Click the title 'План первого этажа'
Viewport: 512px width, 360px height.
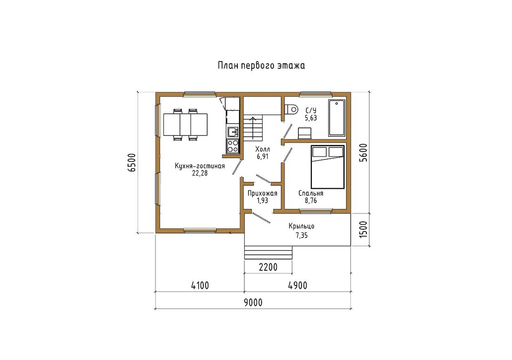point(261,66)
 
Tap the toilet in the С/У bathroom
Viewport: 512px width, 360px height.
point(291,109)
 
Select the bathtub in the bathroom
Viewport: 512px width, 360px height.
point(337,118)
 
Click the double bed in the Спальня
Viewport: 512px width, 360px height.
point(328,167)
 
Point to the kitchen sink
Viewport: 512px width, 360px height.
point(233,132)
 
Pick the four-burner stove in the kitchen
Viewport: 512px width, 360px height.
point(233,146)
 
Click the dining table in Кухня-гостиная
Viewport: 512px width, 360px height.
point(185,124)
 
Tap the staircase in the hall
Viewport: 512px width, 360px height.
point(253,127)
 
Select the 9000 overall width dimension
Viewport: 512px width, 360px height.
point(253,302)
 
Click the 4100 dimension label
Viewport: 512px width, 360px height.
point(200,286)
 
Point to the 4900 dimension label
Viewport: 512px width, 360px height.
point(297,286)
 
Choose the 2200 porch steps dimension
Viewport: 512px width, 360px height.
point(268,267)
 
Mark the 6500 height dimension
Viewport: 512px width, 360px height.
point(131,162)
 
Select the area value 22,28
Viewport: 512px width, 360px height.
point(200,173)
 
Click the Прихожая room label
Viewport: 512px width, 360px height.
point(262,193)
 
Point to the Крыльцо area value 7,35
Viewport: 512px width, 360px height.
point(302,235)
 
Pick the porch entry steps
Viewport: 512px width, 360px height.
point(268,253)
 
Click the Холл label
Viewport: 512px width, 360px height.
point(263,149)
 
